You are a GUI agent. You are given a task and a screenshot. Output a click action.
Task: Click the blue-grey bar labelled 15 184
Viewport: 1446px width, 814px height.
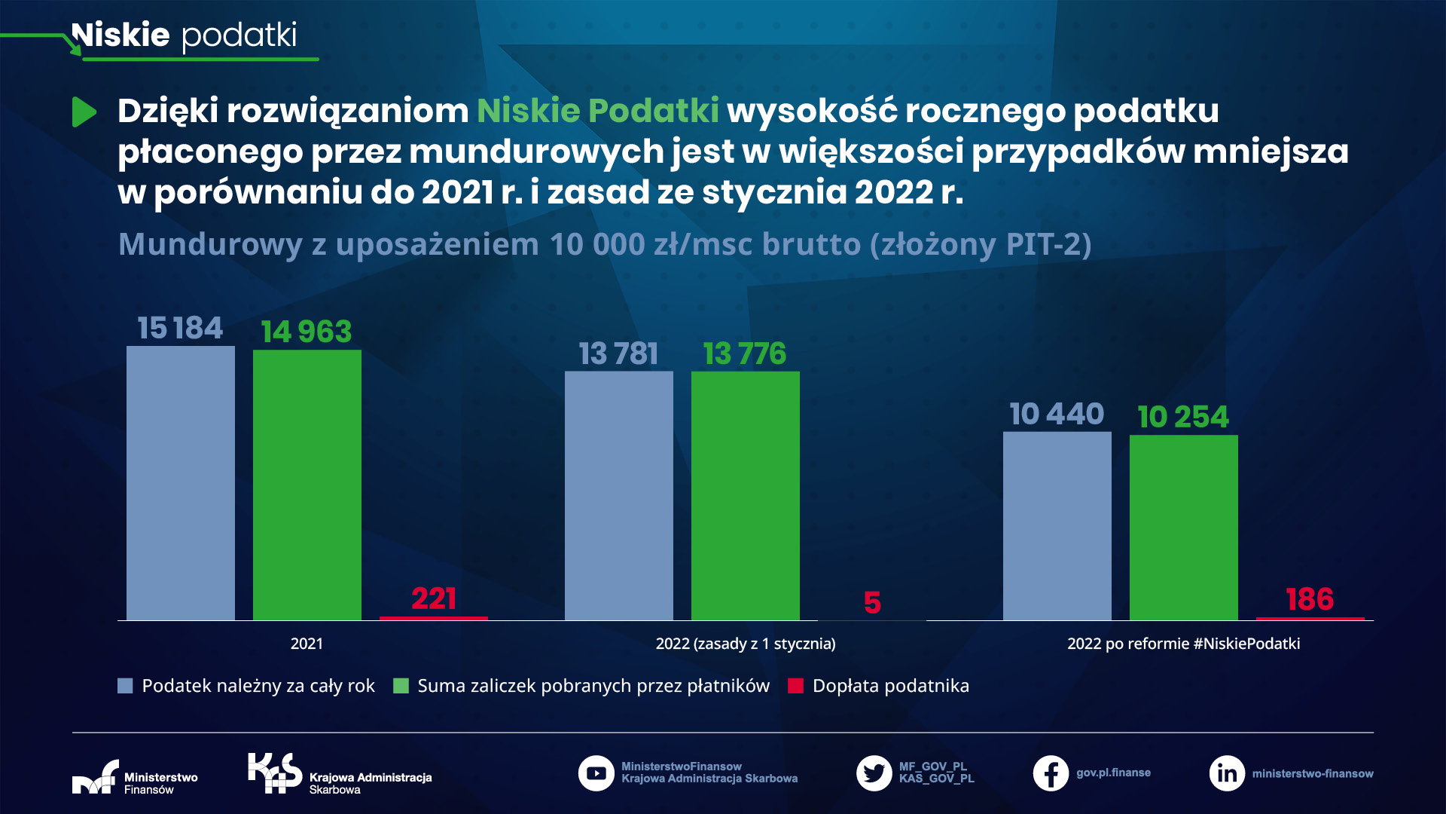[181, 482]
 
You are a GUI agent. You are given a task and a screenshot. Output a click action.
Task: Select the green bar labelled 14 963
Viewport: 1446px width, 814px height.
[307, 485]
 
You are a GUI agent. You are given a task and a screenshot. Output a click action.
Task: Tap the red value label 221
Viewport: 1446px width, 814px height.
[434, 598]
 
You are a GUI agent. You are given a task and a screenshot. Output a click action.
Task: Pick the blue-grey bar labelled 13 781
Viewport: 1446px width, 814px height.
[619, 495]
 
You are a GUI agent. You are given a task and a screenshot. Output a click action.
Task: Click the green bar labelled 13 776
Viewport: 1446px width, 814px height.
[746, 495]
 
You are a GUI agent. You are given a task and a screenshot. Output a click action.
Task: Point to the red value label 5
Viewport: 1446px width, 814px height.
[872, 602]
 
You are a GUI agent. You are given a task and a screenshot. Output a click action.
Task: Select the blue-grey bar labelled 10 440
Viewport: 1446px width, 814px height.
[1057, 525]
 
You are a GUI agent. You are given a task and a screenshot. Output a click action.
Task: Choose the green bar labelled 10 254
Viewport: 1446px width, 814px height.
[1184, 527]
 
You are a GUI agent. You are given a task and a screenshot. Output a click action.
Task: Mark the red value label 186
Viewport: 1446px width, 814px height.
[1310, 599]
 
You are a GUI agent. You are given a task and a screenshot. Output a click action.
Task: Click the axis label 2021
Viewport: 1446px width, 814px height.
[307, 644]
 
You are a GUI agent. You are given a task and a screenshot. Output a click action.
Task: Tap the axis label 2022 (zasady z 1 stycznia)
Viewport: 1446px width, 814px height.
[746, 644]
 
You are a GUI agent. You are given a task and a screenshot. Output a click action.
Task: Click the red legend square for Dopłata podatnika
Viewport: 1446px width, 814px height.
[796, 686]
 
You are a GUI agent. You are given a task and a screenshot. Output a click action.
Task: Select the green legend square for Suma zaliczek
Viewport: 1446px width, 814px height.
[401, 686]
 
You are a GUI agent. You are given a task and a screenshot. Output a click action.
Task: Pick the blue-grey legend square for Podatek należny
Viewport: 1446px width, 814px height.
[125, 686]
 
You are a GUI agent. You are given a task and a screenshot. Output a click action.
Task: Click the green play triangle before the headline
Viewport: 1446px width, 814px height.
[84, 112]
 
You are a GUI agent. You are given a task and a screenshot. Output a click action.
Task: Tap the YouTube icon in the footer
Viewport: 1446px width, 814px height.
[596, 773]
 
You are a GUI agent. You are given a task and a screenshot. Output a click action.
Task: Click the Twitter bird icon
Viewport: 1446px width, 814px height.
[874, 773]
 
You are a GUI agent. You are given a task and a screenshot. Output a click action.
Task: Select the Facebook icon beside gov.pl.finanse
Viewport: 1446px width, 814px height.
[1051, 773]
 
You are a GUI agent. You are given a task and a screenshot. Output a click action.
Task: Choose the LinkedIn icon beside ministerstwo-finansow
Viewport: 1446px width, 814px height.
[1227, 773]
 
